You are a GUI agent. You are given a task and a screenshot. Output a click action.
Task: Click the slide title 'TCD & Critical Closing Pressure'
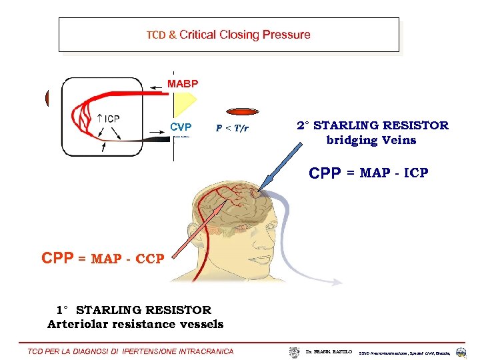(228, 35)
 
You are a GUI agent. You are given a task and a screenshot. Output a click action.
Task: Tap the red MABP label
(182, 84)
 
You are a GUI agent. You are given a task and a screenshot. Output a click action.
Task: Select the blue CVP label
(181, 127)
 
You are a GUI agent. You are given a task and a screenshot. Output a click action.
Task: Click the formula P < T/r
(232, 128)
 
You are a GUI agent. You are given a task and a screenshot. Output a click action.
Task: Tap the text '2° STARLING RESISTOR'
(373, 125)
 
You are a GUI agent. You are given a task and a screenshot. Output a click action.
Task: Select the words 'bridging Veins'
(371, 140)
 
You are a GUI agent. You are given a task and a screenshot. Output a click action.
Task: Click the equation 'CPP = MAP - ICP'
(369, 173)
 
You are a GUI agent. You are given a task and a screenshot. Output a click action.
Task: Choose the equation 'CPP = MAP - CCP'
(103, 259)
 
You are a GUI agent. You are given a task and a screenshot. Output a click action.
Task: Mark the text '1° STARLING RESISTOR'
(133, 310)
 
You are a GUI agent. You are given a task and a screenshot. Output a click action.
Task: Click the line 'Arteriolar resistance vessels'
(135, 324)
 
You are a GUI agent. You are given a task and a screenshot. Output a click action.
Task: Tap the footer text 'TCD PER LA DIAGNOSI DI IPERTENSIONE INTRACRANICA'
(131, 351)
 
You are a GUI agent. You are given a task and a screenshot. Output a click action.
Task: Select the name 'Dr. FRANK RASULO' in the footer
(329, 351)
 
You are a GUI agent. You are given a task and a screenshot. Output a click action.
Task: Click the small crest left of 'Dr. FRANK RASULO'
(295, 351)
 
